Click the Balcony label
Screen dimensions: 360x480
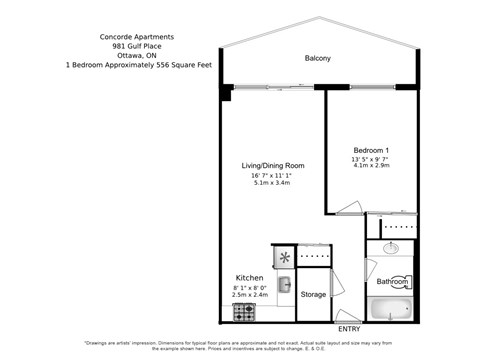tap(317, 58)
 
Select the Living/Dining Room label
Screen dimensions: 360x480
tap(272, 165)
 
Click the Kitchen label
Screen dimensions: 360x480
tap(249, 277)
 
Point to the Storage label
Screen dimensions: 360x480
tap(313, 294)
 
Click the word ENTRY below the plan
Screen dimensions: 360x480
tap(349, 329)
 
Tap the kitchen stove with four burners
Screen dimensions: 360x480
tap(244, 312)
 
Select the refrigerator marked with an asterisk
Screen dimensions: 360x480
tap(284, 257)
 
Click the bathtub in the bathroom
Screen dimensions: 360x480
tap(391, 309)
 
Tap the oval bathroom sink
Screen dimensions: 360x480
tap(391, 247)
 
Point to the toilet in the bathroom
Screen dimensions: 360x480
tap(399, 282)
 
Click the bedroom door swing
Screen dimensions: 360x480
tap(346, 207)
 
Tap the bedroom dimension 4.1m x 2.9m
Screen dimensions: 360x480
tap(370, 167)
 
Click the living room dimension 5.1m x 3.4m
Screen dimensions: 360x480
tap(271, 184)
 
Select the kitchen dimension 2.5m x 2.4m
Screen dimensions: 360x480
tap(250, 295)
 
